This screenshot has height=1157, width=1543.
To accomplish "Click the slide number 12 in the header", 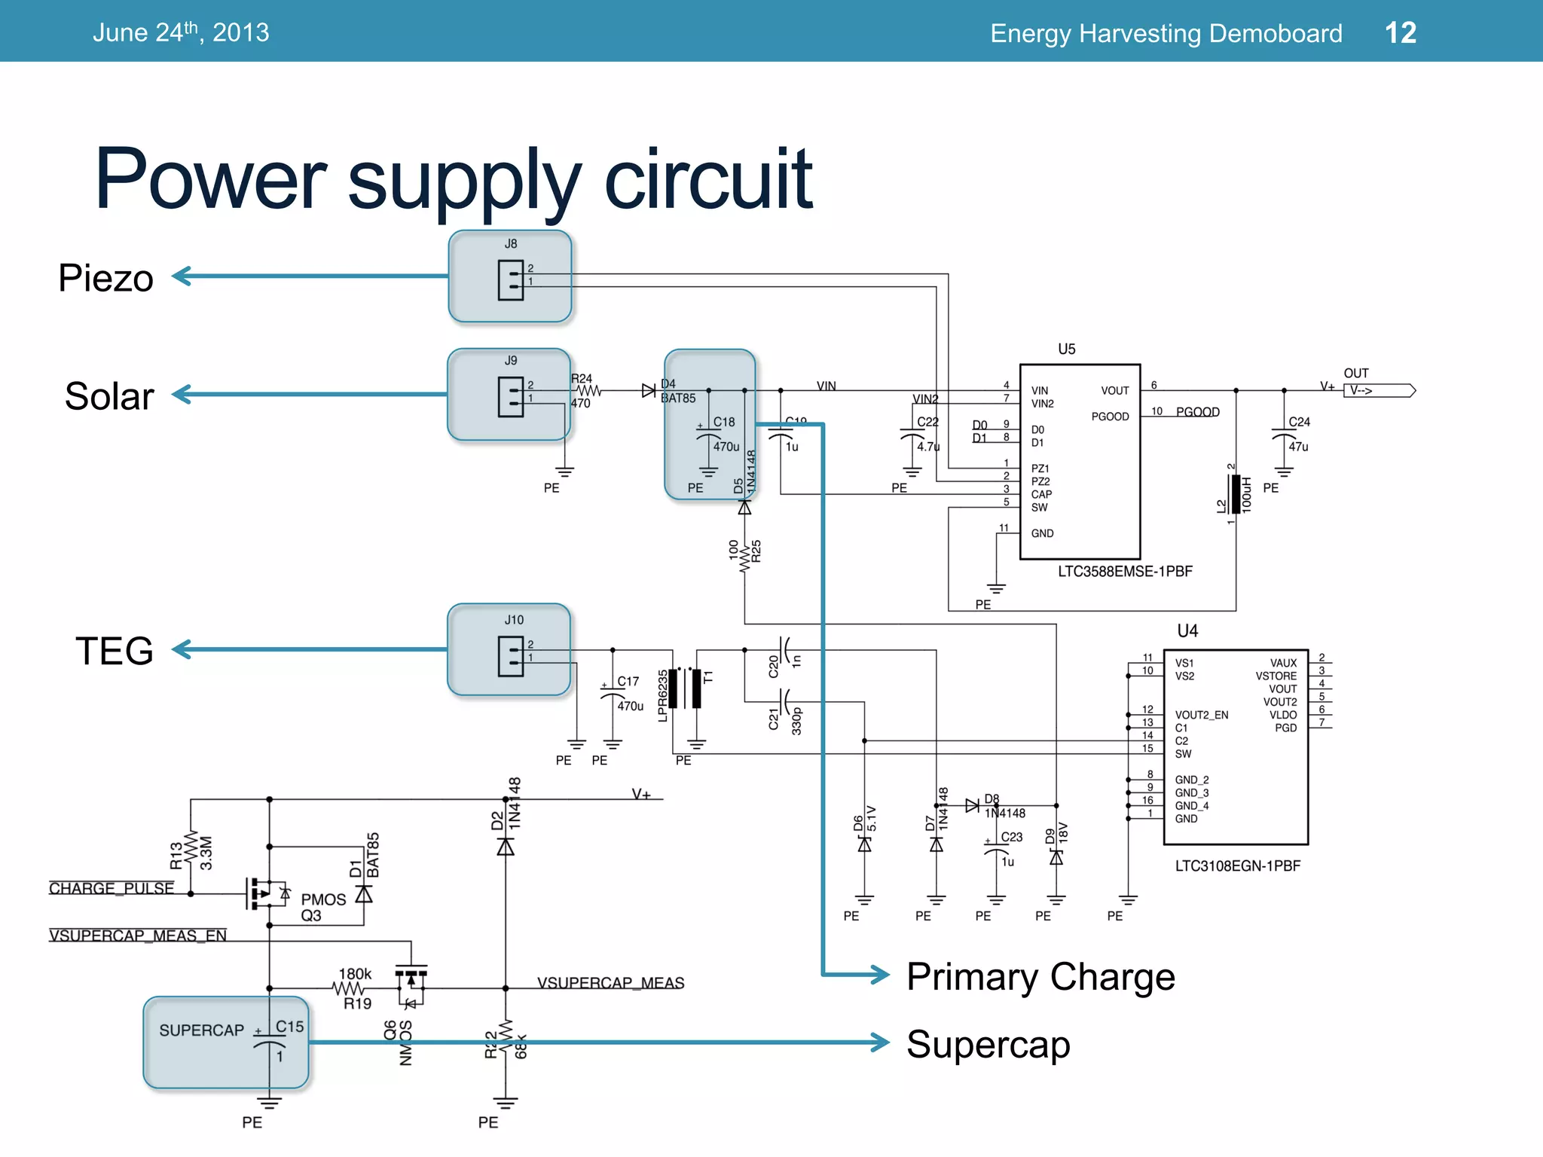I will click(1400, 32).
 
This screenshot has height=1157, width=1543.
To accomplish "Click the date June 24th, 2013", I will click(181, 32).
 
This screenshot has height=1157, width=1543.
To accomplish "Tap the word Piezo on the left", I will click(106, 278).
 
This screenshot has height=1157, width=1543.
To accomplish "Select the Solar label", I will click(109, 396).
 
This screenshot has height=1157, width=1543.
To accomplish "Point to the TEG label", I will click(114, 651).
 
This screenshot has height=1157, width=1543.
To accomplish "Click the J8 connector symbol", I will click(510, 280).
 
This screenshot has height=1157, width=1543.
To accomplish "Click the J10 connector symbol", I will click(510, 656).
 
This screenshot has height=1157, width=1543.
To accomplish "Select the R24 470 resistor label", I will click(582, 390).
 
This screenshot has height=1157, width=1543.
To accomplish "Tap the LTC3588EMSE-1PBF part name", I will click(1124, 571).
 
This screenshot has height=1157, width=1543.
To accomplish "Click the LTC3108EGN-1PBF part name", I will click(1237, 865).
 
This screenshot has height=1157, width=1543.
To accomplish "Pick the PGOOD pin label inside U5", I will click(1110, 417).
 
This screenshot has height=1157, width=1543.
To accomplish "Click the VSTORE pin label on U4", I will click(1276, 676).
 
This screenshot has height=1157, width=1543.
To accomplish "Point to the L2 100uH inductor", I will click(1236, 494).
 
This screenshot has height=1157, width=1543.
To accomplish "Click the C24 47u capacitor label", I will click(1299, 434).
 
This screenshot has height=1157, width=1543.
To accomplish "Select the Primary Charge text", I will click(1040, 977).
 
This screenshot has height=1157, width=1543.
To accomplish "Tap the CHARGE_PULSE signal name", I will click(112, 888).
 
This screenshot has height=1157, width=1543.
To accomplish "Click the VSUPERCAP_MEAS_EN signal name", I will click(138, 936).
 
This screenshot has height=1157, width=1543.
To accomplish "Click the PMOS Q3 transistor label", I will click(322, 907).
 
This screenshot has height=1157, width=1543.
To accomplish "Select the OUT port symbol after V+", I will click(1379, 390).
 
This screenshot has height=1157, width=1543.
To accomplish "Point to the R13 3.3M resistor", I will click(191, 853).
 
